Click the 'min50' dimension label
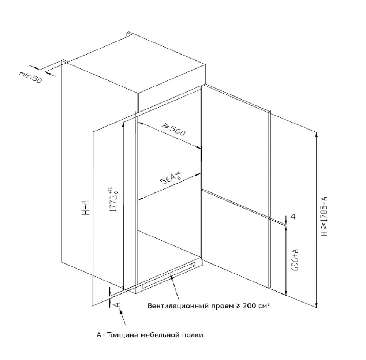point(31,77)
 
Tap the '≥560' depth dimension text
point(174,130)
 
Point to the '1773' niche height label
point(113,199)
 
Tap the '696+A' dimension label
point(295,260)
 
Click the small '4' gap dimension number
point(293,216)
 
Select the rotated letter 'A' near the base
point(116,304)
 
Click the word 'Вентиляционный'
point(178,305)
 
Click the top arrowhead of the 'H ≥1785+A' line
point(317,135)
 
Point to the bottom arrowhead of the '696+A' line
point(286,293)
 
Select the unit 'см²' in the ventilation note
point(264,305)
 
